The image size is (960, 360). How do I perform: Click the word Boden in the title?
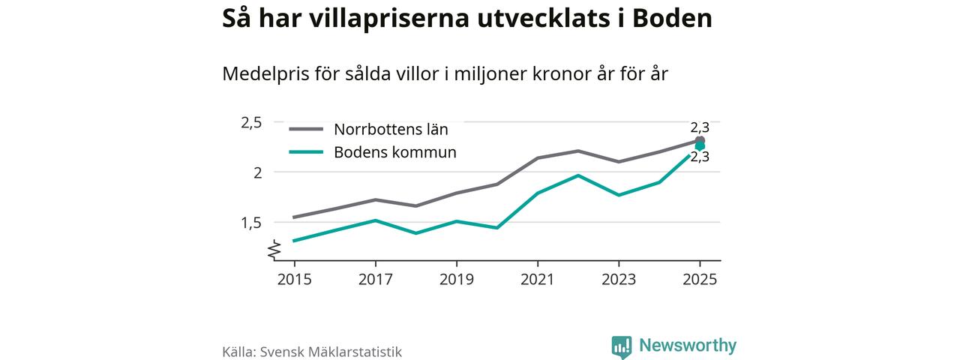point(672,19)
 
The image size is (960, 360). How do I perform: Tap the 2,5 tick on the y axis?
point(251,122)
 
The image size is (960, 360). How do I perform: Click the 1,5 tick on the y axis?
point(251,222)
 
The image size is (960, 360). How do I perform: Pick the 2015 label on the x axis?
point(294,279)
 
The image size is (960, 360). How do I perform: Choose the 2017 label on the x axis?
point(376,279)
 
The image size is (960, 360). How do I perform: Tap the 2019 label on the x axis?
point(457,279)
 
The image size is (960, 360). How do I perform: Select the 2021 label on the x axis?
point(538,279)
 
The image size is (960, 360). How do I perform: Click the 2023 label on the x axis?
point(619,279)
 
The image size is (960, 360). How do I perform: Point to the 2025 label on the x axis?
point(700,279)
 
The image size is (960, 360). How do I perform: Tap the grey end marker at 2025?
point(700,141)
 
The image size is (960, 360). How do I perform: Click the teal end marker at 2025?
point(700,146)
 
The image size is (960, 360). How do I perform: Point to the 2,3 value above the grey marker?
point(700,127)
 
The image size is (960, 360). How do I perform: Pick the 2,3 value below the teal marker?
point(700,157)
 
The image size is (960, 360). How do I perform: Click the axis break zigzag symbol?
point(274,250)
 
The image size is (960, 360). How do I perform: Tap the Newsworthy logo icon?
point(621,346)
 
